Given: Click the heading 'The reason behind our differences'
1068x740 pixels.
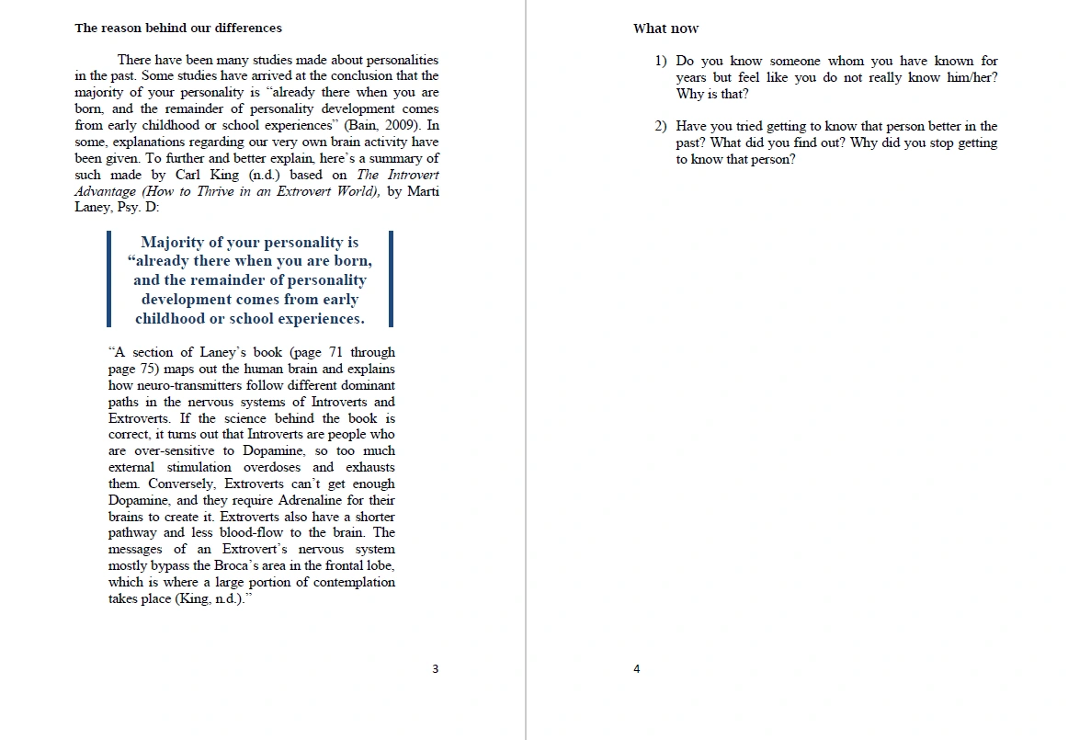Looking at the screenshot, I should pos(178,28).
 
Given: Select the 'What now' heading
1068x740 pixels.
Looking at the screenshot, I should pos(665,28).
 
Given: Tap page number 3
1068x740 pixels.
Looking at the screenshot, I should pos(436,669).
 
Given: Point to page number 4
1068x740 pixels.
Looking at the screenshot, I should pos(636,669).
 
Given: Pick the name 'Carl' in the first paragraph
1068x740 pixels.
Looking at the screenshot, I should pos(188,175).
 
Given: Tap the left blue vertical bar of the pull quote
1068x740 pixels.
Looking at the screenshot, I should pos(108,279).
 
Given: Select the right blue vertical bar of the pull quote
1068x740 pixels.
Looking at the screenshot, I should pos(391,279).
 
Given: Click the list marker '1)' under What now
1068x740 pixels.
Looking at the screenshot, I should pos(661,62).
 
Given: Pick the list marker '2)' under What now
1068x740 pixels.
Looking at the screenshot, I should pos(661,127).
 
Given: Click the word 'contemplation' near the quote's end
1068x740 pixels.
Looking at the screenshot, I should pos(353,582).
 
